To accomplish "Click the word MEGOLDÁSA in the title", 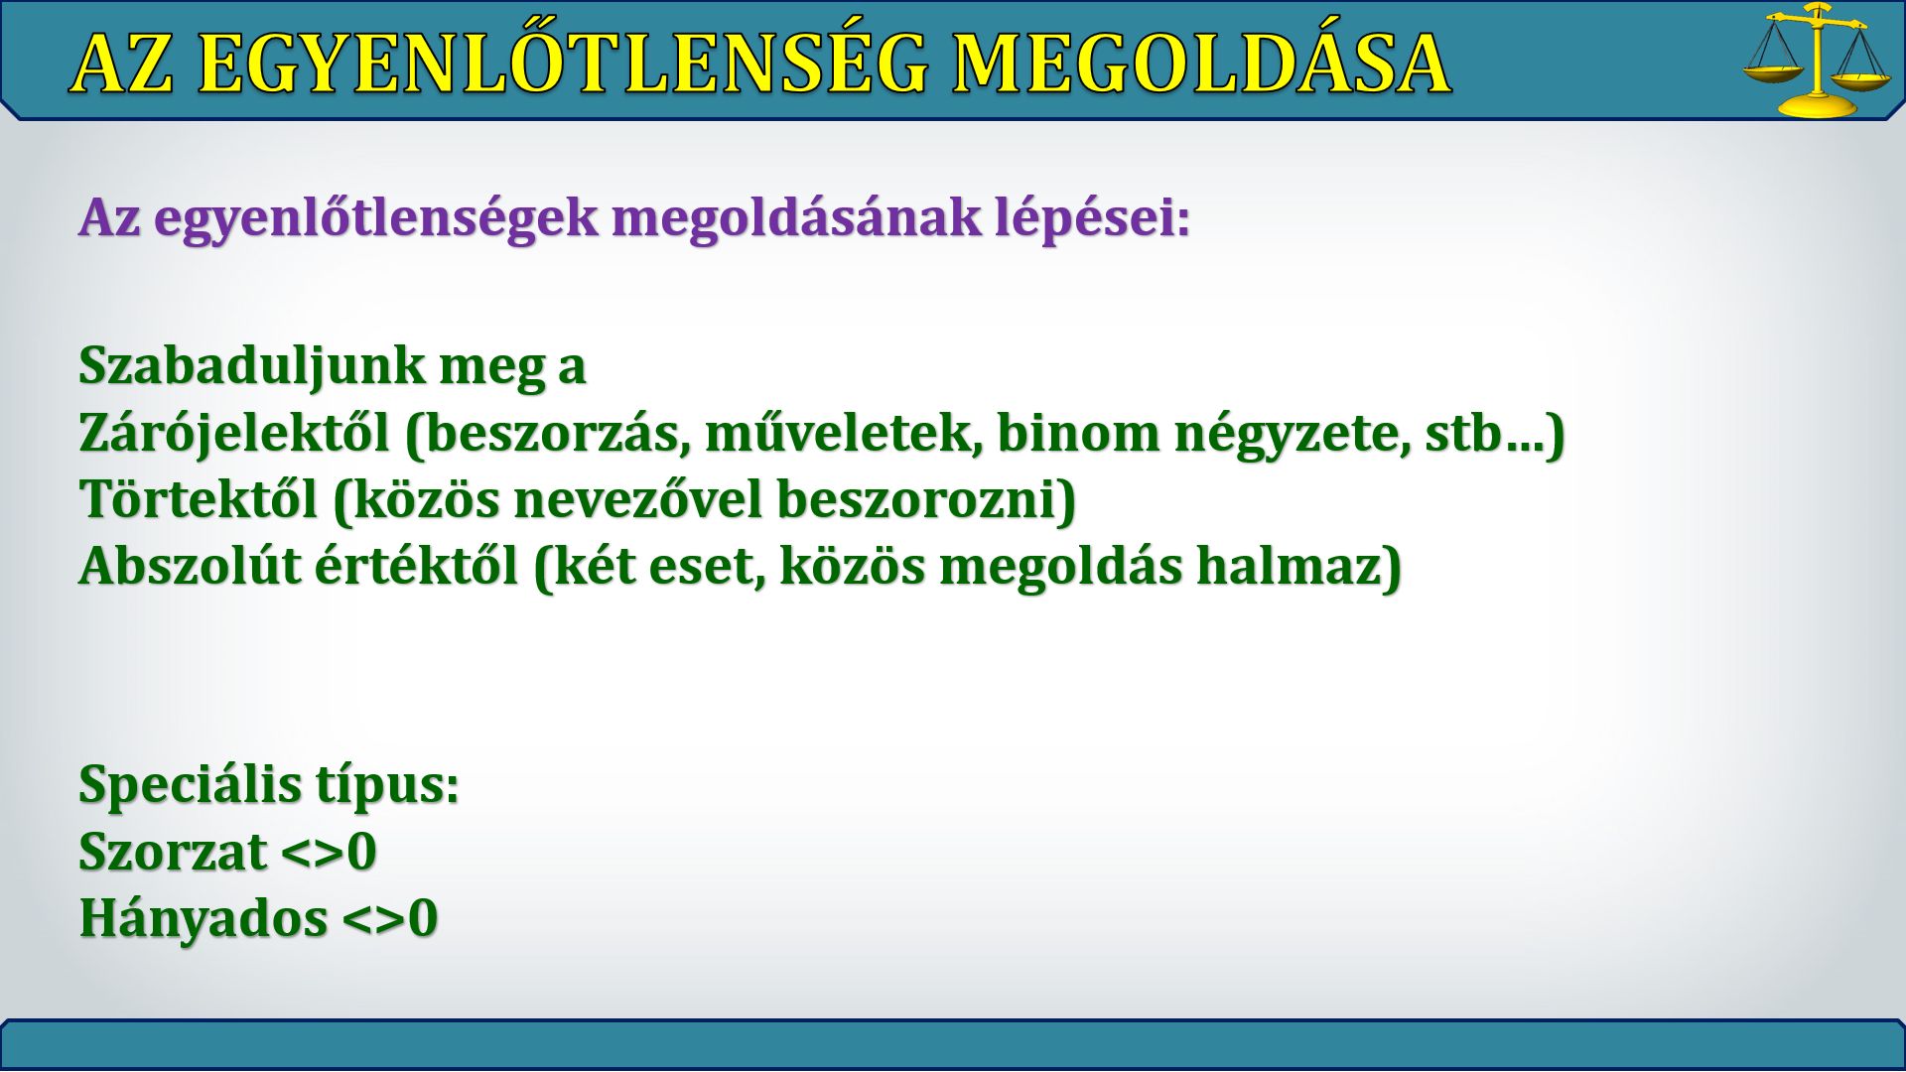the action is pos(1202,64).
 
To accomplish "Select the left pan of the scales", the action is pos(1774,72).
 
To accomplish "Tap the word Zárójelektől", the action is pos(234,433).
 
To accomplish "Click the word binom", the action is pos(1079,432).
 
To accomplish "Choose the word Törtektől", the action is pos(199,498).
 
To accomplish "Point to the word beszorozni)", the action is pos(927,500).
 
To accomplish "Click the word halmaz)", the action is pos(1298,567).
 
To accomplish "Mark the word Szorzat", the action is pos(173,852).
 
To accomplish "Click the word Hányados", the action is pos(204,918).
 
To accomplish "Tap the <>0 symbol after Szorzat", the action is pos(329,852).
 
